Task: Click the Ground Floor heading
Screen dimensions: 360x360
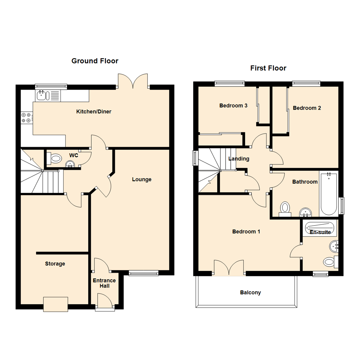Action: pyautogui.click(x=95, y=61)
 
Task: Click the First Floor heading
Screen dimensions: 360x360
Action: pyautogui.click(x=268, y=68)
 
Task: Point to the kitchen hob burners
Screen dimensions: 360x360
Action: pyautogui.click(x=26, y=117)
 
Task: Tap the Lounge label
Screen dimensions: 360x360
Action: pyautogui.click(x=142, y=179)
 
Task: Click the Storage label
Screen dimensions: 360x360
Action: pyautogui.click(x=55, y=264)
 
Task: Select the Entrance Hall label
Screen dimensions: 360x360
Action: pyautogui.click(x=104, y=283)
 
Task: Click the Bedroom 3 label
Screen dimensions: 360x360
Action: pyautogui.click(x=233, y=106)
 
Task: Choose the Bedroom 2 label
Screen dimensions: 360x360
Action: pyautogui.click(x=307, y=108)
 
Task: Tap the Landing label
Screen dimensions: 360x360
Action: pyautogui.click(x=239, y=159)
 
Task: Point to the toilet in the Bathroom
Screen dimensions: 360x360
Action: pyautogui.click(x=285, y=208)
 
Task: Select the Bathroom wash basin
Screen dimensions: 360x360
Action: pyautogui.click(x=305, y=212)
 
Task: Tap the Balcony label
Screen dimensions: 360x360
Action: pyautogui.click(x=250, y=293)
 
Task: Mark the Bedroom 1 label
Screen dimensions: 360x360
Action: pyautogui.click(x=246, y=231)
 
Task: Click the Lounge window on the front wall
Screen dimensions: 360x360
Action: pyautogui.click(x=144, y=274)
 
